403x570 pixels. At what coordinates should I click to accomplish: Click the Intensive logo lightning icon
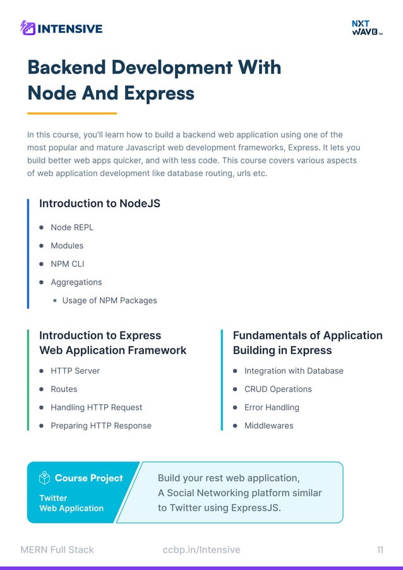coord(28,28)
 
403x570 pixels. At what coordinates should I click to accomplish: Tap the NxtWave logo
coord(366,28)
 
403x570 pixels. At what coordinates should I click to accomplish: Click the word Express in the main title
coord(159,93)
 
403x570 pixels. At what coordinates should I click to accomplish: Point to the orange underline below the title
coord(72,114)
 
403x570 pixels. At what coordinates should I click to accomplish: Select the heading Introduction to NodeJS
coord(100,203)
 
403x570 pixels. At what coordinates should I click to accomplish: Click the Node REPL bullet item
coord(72,227)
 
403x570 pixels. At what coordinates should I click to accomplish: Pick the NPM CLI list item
coord(67,264)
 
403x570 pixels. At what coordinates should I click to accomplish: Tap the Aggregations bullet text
coord(76,282)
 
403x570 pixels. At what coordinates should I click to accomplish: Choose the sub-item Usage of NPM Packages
coord(109,300)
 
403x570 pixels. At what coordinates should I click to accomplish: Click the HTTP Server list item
coord(75,371)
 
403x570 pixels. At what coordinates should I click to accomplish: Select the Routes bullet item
coord(64,389)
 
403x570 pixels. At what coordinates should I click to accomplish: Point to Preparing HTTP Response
coord(101,425)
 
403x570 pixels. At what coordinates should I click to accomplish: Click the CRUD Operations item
coord(278,389)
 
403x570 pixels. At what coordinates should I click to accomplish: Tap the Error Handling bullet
coord(272,407)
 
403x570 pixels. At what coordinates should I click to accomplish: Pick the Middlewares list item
coord(268,425)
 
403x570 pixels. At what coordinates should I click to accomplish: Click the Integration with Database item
coord(294,371)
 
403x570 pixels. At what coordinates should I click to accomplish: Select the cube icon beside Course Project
coord(44,478)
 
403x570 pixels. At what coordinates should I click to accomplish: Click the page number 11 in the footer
coord(380,550)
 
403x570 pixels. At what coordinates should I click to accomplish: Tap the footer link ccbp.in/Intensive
coord(201,550)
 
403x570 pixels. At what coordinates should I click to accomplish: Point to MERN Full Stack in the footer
coord(57,550)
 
